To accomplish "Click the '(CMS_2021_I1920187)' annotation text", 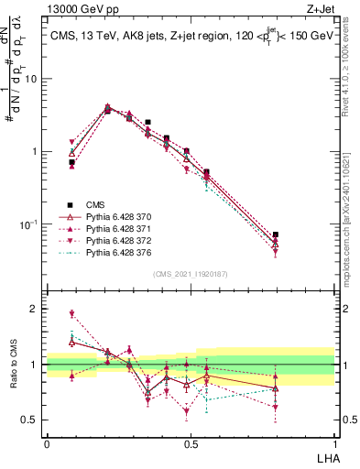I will click(191, 273).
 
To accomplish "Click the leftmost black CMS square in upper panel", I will click(71, 162).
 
